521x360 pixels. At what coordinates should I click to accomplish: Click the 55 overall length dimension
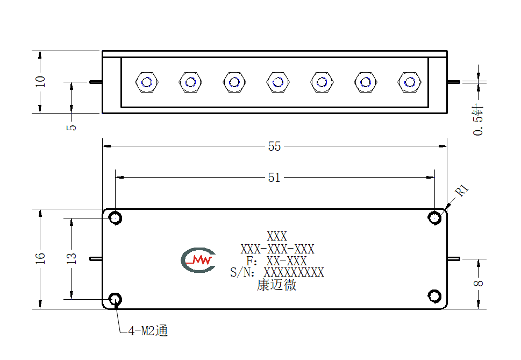[274, 146]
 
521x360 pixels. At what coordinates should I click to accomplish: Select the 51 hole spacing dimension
[274, 178]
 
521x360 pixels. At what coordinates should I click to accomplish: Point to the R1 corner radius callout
[462, 190]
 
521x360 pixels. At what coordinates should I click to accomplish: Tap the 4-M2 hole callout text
[148, 331]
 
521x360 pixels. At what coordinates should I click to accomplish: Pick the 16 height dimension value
[40, 258]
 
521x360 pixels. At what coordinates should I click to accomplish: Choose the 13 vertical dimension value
[72, 258]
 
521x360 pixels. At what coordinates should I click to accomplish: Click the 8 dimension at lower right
[479, 284]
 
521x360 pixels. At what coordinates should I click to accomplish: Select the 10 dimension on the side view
[40, 81]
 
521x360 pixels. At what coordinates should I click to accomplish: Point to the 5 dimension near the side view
[72, 128]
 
